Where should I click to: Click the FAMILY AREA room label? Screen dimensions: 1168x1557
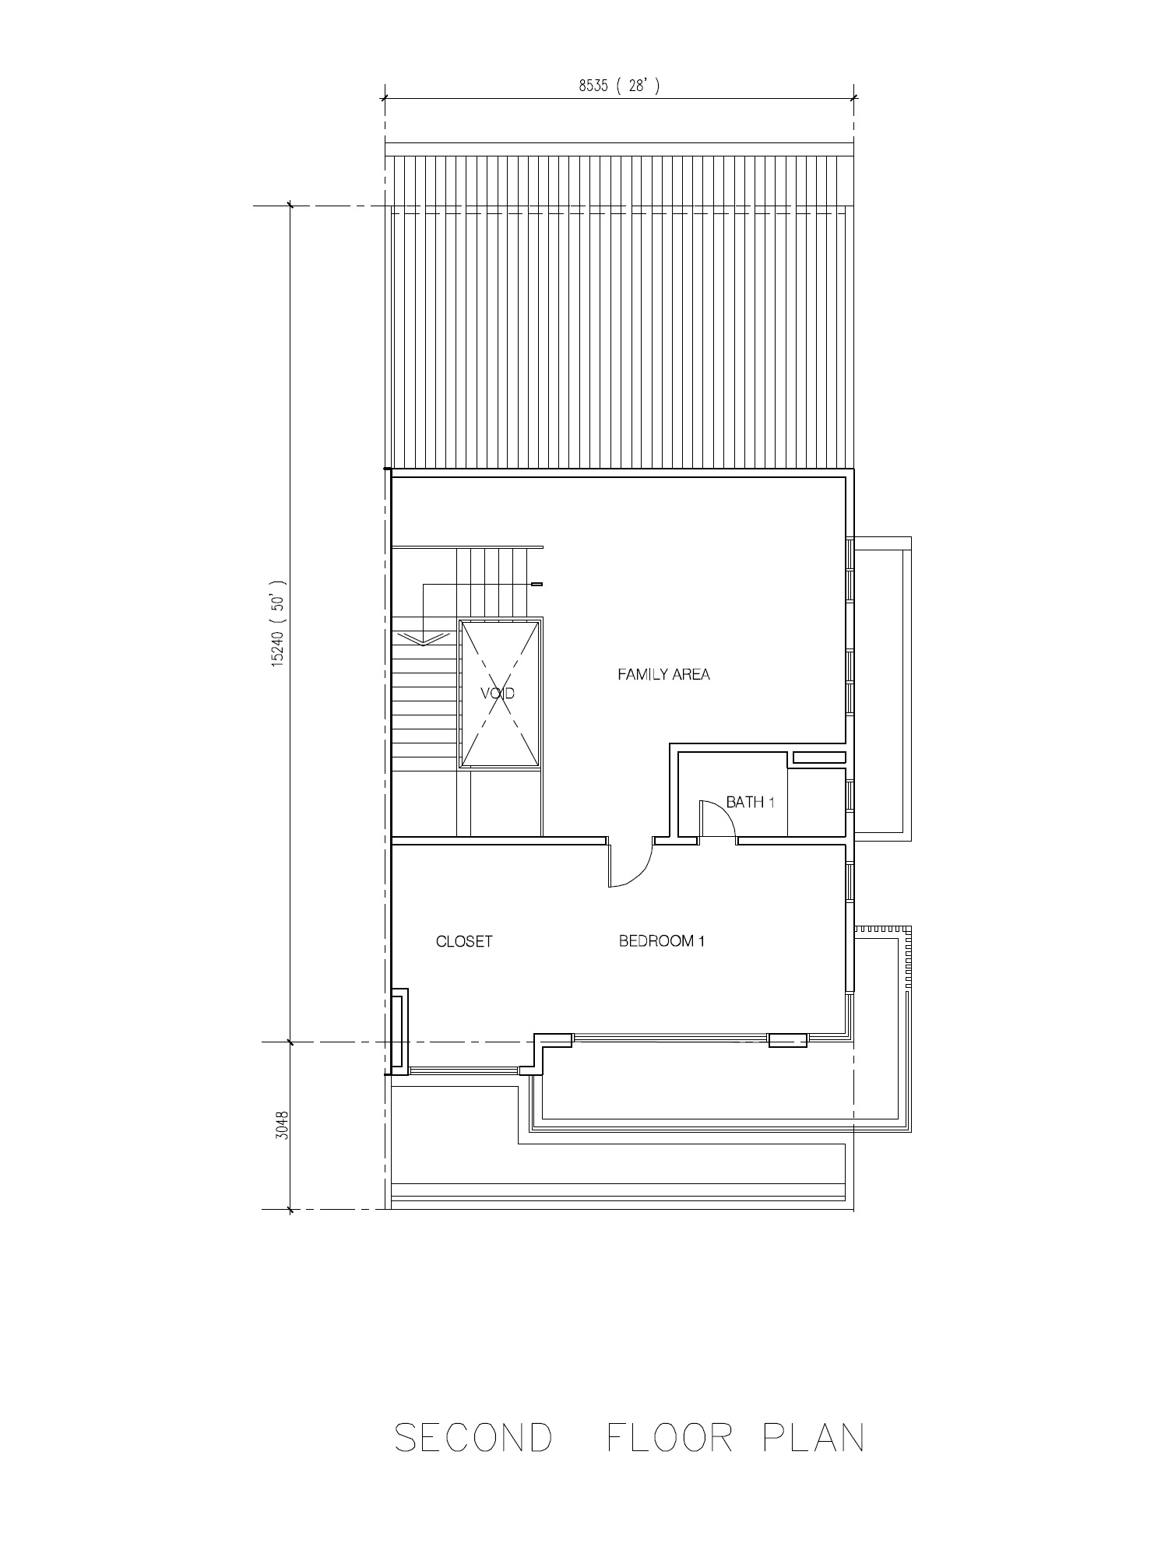pos(663,674)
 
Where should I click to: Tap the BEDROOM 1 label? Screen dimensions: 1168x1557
pos(662,941)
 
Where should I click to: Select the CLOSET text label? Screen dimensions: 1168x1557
pos(464,941)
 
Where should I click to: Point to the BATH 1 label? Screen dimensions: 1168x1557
pos(750,802)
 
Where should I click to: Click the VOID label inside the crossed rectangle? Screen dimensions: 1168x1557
pos(498,693)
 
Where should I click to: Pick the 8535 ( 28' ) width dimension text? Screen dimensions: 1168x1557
pos(619,86)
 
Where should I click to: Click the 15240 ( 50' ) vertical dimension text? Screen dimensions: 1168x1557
pos(279,623)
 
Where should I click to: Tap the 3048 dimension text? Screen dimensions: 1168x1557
pos(282,1125)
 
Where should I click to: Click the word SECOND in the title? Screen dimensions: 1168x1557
pos(473,1437)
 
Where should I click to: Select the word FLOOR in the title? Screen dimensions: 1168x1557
pos(670,1437)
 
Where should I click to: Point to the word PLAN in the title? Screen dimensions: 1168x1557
pos(814,1437)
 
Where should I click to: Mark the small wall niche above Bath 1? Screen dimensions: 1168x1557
pos(819,757)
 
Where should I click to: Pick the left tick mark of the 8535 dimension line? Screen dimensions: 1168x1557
pos(383,97)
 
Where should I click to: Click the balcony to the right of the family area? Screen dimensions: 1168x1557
pos(882,689)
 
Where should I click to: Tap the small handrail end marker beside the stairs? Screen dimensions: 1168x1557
pos(537,584)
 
